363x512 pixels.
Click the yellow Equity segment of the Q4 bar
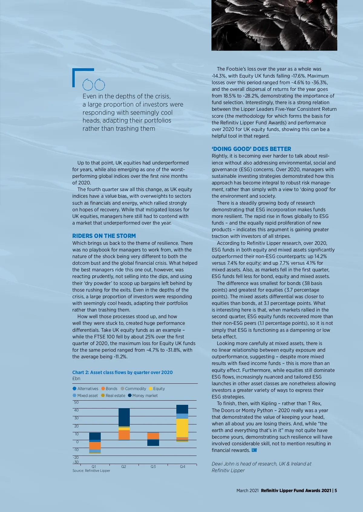[x=182, y=428]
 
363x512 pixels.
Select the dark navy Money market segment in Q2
[x=124, y=417]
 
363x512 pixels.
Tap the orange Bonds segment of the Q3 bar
[x=153, y=436]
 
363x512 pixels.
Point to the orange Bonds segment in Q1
[x=95, y=446]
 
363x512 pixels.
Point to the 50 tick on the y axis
[x=76, y=402]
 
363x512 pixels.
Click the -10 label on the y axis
[x=76, y=450]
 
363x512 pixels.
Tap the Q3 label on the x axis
[x=153, y=466]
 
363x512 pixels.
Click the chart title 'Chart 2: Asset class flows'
[x=122, y=372]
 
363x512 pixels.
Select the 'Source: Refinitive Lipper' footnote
[x=91, y=471]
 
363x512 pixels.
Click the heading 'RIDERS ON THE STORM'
[x=104, y=236]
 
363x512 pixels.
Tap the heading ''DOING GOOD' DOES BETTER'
[x=251, y=149]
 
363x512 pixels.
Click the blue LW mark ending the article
[x=254, y=450]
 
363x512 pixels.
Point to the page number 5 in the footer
[x=336, y=491]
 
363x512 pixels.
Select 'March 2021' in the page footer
[x=247, y=491]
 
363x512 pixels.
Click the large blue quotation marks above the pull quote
[x=93, y=85]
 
